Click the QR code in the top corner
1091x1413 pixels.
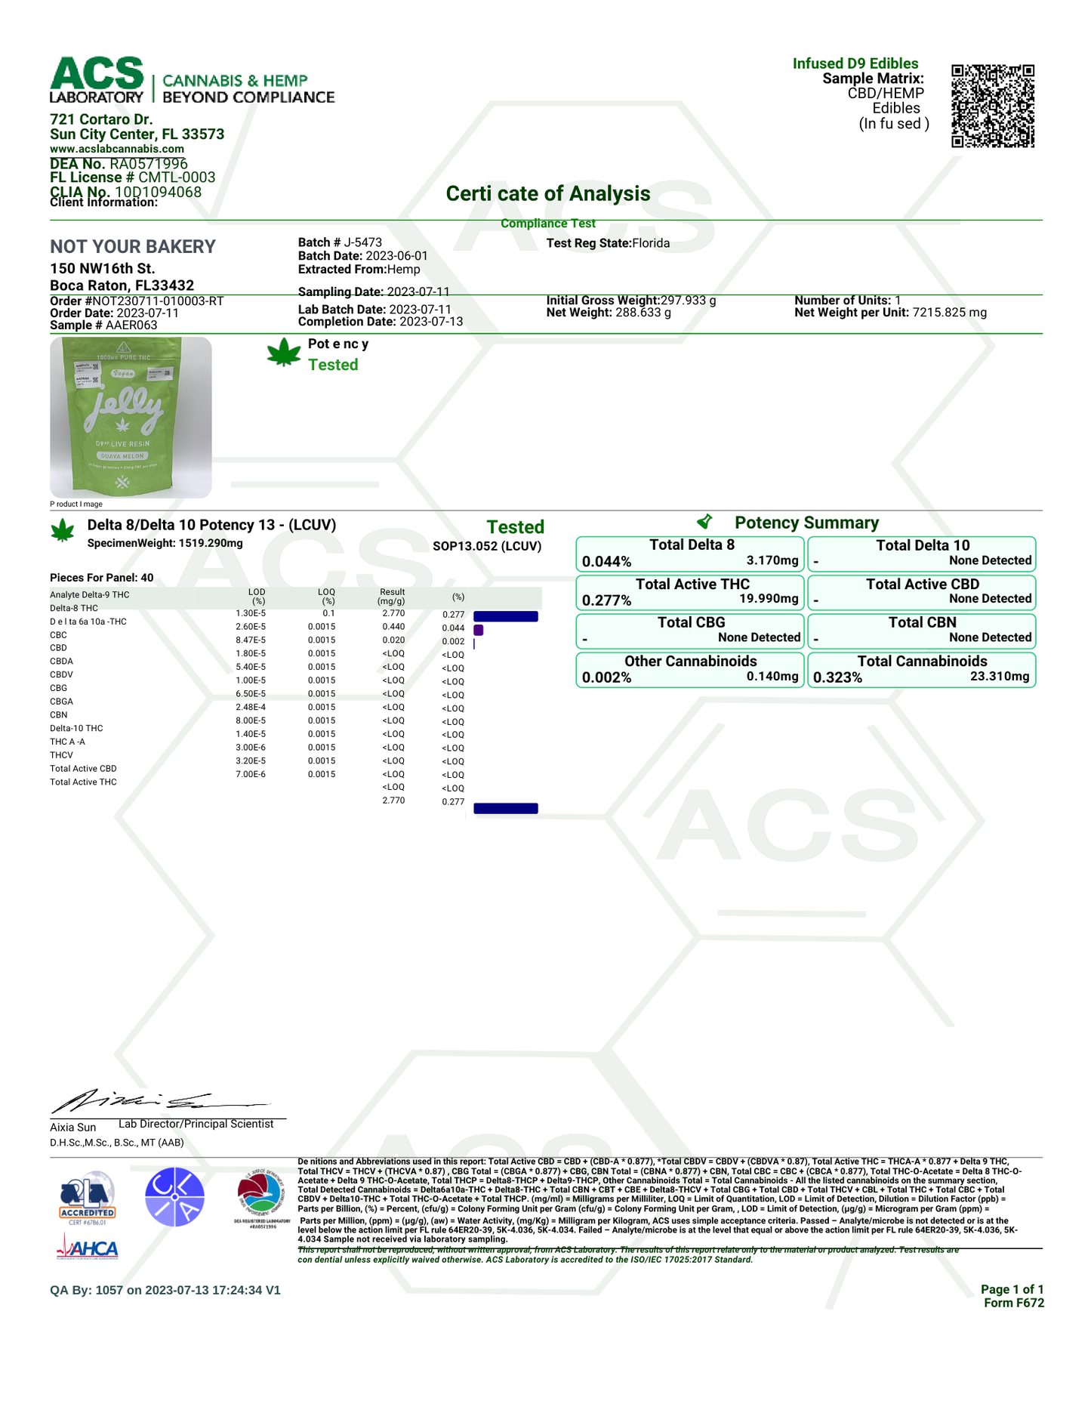992,106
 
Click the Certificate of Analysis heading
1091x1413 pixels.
547,194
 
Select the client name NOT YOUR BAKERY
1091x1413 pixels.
133,247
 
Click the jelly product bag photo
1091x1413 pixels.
131,417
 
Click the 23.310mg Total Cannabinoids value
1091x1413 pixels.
1000,677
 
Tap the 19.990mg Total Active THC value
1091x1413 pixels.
769,599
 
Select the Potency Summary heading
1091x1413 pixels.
806,523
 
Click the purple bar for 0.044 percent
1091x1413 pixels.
478,630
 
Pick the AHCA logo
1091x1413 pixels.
88,1248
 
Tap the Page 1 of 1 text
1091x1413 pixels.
1012,1289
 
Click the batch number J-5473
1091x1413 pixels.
362,242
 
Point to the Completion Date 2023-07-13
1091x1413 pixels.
430,322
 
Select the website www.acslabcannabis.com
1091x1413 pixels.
117,149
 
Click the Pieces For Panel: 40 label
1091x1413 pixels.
101,578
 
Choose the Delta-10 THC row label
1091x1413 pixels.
76,728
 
